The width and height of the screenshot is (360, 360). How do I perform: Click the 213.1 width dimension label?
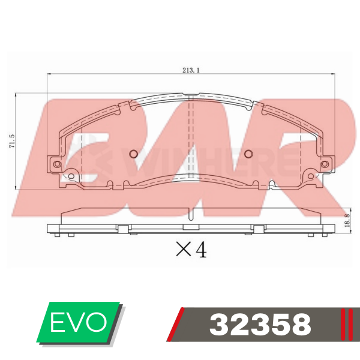click(x=191, y=70)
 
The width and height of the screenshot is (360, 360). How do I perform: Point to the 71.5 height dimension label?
click(x=12, y=141)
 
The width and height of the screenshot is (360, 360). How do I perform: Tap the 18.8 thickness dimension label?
click(x=347, y=220)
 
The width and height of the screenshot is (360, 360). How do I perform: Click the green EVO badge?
click(x=79, y=322)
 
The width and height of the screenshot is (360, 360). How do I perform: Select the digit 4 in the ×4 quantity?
click(x=201, y=250)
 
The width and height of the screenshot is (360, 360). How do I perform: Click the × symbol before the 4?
click(x=183, y=249)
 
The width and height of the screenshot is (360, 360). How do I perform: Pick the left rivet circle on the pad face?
click(x=133, y=154)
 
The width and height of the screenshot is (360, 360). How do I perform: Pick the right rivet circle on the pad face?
click(x=248, y=154)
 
